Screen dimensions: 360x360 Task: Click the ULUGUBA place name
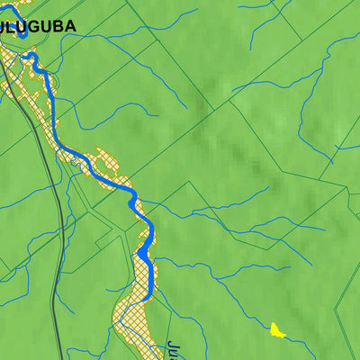38,27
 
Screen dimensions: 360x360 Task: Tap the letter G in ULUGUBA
35,27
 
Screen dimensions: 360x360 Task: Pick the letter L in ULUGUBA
14,27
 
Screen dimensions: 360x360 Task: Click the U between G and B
47,27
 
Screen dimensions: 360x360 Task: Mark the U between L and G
24,27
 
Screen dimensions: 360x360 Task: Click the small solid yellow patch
277,330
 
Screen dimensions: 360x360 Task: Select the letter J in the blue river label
172,345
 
